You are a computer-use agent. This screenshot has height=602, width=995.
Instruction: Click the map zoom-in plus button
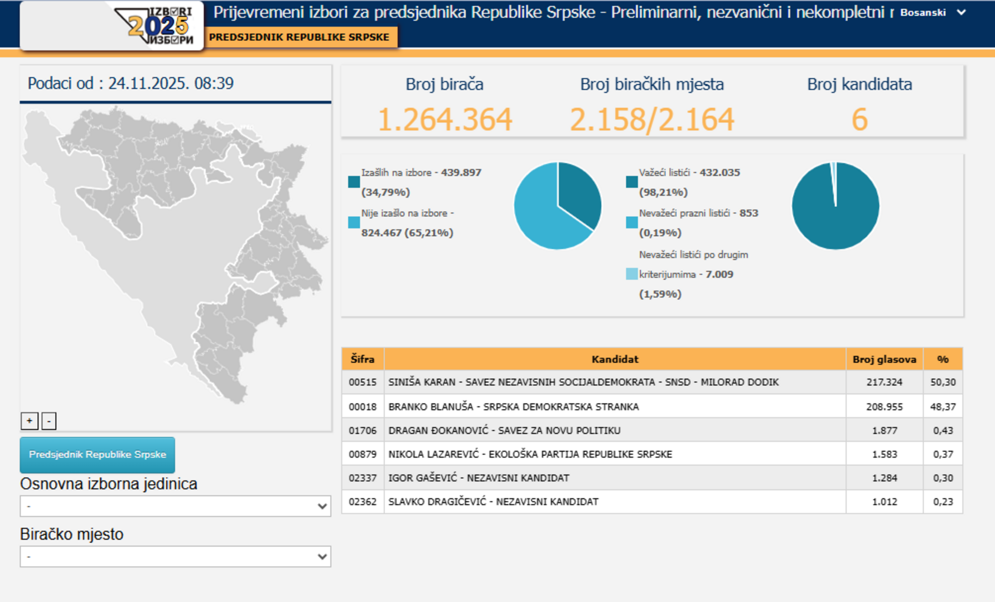click(30, 421)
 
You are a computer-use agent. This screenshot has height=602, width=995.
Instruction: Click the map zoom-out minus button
click(49, 421)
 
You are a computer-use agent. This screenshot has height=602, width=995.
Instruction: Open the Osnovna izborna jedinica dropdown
click(176, 506)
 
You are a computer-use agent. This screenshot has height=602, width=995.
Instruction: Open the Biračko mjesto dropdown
click(176, 556)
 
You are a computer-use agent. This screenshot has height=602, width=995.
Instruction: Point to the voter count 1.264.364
click(445, 119)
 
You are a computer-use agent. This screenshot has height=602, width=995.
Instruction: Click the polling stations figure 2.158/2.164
click(652, 119)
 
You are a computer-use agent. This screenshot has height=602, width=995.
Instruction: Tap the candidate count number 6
click(859, 119)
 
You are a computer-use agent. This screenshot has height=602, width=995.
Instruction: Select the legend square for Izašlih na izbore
click(354, 182)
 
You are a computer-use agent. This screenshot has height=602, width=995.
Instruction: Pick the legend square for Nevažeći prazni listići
click(631, 222)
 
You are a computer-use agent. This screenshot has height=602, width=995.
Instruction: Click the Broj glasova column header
click(884, 359)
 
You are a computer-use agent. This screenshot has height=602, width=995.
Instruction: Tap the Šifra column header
click(363, 359)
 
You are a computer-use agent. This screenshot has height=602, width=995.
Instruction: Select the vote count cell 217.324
click(884, 382)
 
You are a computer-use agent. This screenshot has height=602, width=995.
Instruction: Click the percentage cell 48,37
click(943, 407)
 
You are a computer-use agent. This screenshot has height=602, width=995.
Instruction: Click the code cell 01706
click(363, 430)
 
